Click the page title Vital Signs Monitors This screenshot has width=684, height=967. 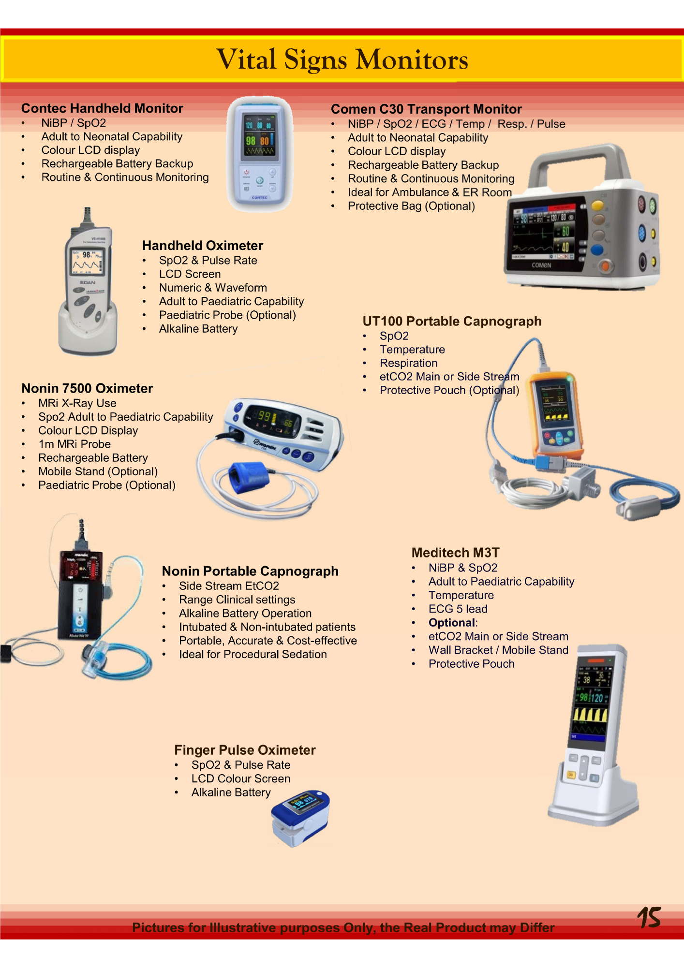(x=342, y=59)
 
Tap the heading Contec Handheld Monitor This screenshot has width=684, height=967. (x=102, y=108)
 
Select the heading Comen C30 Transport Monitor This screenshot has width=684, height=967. (x=426, y=109)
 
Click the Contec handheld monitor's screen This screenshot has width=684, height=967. (x=259, y=135)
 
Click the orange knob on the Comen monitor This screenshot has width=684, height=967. (x=604, y=265)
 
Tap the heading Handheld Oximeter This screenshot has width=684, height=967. (x=203, y=246)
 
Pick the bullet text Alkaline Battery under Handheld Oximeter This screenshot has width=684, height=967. (x=198, y=329)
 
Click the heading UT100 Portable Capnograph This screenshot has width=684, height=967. (x=452, y=322)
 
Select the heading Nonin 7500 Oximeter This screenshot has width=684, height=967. (x=87, y=389)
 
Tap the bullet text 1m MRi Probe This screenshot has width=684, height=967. (x=74, y=444)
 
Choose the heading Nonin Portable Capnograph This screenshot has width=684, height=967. (x=250, y=571)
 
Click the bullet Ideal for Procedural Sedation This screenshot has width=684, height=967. (x=253, y=655)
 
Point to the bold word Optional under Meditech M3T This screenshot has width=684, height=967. (x=452, y=623)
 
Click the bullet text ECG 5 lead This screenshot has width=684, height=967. (x=458, y=609)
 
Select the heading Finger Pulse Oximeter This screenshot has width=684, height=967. (x=245, y=750)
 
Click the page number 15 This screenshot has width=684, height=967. (x=649, y=917)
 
